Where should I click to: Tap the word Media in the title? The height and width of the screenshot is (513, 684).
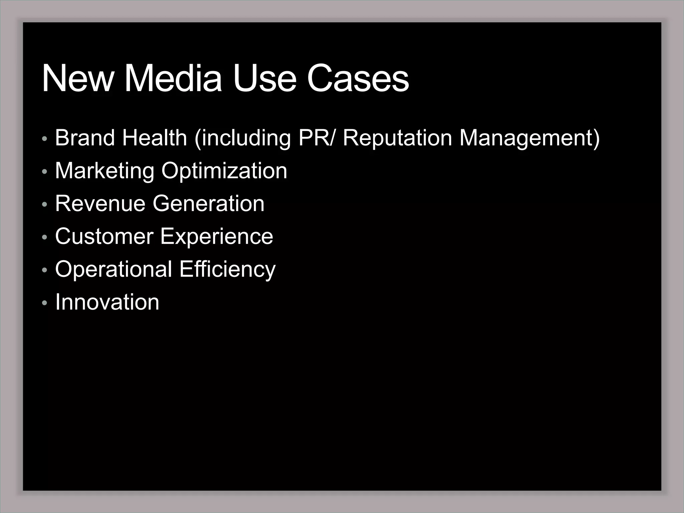(173, 78)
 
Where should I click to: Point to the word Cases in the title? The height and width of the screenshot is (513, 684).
(358, 78)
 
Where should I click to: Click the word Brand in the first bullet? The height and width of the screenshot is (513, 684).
(85, 138)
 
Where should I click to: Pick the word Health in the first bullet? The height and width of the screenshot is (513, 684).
(154, 138)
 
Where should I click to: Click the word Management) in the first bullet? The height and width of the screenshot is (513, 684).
(530, 138)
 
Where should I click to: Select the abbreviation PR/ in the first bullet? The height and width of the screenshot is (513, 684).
(316, 138)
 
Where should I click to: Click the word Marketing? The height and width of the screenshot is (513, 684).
(105, 171)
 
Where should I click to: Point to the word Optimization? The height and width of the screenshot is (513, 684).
(224, 171)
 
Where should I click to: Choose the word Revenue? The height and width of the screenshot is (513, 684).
(100, 203)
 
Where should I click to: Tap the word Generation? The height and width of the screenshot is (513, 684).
(208, 203)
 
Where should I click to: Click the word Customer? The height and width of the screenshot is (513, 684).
(104, 236)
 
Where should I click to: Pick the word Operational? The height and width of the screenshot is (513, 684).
(114, 269)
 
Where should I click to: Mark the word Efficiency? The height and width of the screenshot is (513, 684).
(227, 269)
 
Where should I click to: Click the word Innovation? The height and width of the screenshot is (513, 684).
(107, 302)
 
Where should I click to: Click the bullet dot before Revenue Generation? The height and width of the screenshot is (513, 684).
(45, 204)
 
